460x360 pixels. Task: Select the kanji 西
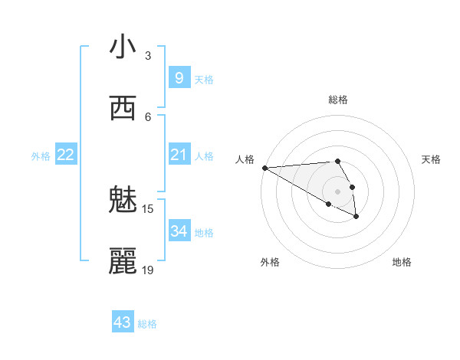123,108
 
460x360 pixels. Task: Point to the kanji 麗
123,261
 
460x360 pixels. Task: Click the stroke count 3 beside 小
148,55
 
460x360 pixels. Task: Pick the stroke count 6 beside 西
148,116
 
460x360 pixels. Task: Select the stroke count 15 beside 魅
148,208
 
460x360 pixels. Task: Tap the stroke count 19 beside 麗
148,270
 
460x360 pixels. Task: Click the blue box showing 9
179,78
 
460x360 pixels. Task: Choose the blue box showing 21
179,155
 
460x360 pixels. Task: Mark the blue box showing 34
179,231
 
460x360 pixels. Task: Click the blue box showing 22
66,155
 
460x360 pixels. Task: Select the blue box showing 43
123,322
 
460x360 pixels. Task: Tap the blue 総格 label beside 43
147,324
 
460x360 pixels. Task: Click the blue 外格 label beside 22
41,156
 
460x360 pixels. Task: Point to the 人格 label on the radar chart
245,159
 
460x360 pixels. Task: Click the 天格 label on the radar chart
432,159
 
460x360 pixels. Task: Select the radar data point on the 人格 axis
264,168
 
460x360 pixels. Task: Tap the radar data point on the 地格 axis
356,217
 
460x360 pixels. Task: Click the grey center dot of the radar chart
338,191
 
